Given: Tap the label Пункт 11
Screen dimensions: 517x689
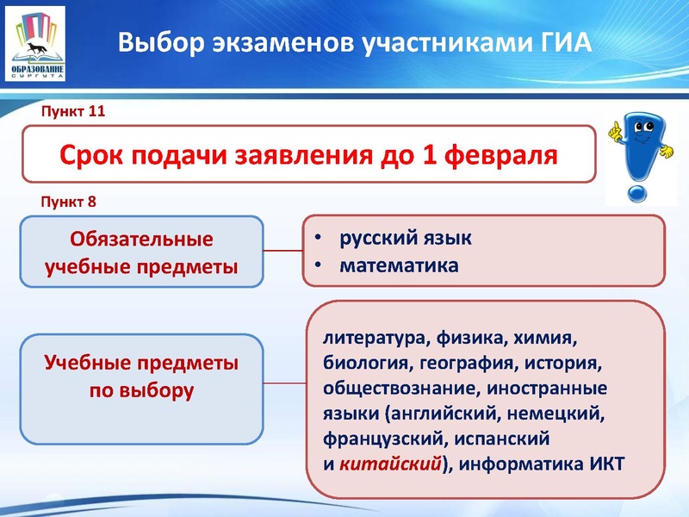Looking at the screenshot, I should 73,112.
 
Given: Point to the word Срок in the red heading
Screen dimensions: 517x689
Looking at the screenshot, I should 92,155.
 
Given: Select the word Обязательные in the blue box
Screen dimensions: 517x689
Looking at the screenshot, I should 141,238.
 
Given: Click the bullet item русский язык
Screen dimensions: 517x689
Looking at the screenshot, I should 405,238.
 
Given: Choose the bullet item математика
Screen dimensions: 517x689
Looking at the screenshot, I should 398,265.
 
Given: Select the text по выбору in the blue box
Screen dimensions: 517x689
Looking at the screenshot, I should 141,390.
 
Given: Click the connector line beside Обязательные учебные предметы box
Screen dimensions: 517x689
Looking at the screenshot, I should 282,252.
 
